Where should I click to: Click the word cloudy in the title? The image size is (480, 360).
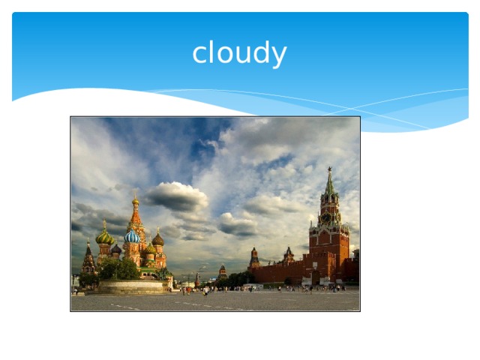[239, 54]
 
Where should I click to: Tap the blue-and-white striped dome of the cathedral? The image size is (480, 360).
[132, 237]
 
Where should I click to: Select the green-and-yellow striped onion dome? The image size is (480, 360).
[103, 237]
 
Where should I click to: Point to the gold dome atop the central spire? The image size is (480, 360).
[136, 201]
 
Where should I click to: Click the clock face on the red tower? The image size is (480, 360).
[327, 218]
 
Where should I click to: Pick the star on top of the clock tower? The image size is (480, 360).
[328, 170]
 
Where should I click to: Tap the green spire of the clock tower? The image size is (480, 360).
[328, 184]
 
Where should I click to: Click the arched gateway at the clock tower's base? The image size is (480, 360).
[328, 280]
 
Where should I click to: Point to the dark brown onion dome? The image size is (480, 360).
[157, 239]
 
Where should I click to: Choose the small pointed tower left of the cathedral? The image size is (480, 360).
[88, 259]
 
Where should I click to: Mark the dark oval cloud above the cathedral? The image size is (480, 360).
[177, 196]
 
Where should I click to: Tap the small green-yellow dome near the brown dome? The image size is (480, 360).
[150, 248]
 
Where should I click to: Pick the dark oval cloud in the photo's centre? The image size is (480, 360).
[237, 224]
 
